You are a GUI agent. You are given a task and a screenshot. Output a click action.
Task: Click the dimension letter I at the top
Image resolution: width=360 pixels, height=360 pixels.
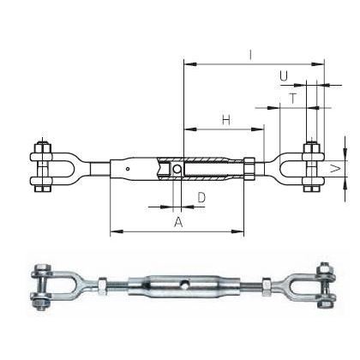click(x=249, y=54)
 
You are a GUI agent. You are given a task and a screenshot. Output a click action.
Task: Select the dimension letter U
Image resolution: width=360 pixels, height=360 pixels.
click(x=283, y=77)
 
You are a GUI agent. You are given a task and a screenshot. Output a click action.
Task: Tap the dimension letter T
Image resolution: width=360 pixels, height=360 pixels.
click(x=292, y=99)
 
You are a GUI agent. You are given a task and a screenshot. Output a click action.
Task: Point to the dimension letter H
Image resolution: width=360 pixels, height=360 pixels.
click(x=225, y=120)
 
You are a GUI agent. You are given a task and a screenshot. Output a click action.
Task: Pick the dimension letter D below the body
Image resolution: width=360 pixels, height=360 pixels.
click(x=201, y=198)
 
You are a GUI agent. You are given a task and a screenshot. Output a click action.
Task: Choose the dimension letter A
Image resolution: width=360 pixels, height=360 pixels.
click(x=177, y=222)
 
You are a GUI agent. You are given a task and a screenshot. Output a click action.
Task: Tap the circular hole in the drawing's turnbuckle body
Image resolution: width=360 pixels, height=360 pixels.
click(x=177, y=169)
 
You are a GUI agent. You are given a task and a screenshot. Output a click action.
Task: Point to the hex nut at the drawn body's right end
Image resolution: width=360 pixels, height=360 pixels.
click(x=249, y=168)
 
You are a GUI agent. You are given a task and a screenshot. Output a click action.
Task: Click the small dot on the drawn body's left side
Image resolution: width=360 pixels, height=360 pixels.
click(x=127, y=169)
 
